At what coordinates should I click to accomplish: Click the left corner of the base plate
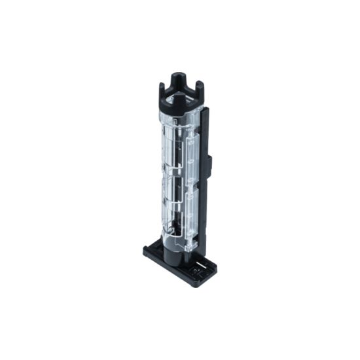[146, 250]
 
